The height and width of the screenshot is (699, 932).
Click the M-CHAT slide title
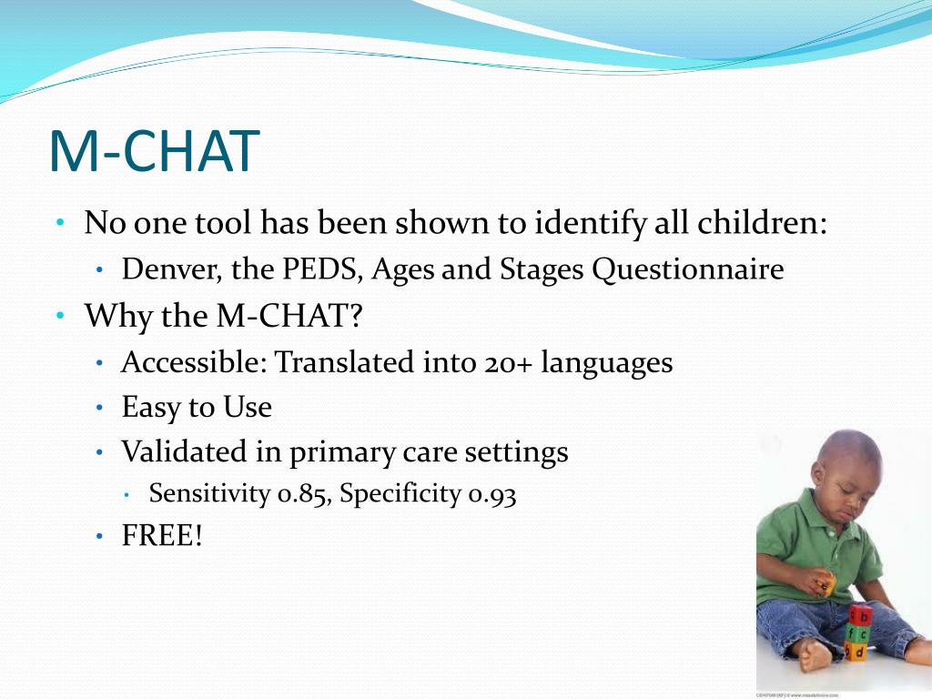155,151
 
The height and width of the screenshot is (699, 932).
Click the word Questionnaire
688,270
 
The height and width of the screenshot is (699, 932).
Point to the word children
761,223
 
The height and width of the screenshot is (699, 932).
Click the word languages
607,364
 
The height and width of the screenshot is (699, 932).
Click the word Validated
184,451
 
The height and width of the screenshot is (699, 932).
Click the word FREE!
162,535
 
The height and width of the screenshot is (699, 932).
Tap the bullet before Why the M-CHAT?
60,315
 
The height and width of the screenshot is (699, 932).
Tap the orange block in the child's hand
826,582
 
